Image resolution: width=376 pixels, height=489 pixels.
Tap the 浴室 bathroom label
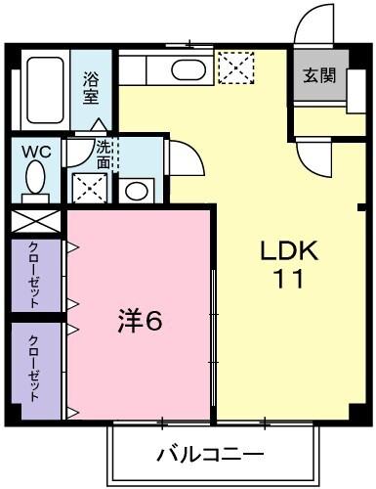coord(91,88)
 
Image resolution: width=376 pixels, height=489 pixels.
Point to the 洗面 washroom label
coord(104,156)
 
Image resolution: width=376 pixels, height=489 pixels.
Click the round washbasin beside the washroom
coord(138,189)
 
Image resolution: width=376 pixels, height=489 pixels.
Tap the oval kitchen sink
coord(185,69)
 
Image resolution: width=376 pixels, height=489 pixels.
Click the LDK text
coord(288,250)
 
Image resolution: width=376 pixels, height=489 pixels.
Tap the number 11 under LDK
coord(288,279)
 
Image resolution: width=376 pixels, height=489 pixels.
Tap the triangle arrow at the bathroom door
coord(99,125)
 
